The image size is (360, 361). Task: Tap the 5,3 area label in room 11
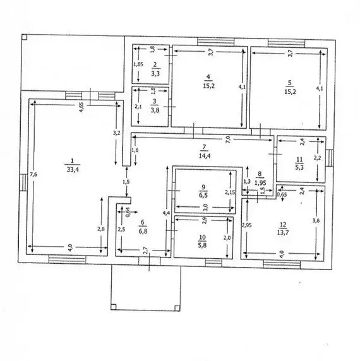299,167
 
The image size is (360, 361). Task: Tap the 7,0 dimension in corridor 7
228,138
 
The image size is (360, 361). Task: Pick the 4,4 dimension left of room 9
165,213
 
